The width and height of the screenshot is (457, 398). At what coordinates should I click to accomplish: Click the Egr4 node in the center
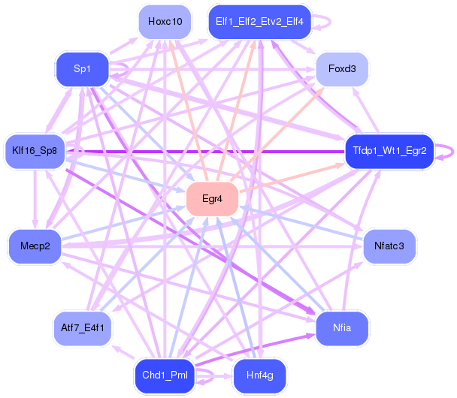click(212, 199)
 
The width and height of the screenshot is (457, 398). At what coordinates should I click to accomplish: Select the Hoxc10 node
click(165, 22)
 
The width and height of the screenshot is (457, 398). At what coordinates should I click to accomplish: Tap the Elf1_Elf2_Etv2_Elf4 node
click(259, 22)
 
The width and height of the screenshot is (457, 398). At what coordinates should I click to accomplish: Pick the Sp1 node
click(82, 69)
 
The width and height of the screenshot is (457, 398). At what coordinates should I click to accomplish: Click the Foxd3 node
click(342, 69)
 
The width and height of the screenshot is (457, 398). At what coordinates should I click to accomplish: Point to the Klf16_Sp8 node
click(35, 151)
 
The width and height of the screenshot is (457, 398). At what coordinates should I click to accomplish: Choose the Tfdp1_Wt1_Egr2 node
click(389, 151)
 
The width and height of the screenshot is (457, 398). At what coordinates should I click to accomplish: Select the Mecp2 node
click(35, 246)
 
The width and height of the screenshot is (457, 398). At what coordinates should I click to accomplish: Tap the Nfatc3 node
click(389, 246)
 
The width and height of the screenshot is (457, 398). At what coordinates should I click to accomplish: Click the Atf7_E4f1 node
click(83, 328)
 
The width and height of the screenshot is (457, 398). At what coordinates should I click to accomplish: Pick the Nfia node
click(342, 328)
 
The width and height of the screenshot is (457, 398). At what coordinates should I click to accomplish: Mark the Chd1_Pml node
click(165, 375)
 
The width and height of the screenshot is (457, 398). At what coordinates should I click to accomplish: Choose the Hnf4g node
click(259, 375)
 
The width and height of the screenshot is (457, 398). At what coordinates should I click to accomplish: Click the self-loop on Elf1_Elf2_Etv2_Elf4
click(330, 22)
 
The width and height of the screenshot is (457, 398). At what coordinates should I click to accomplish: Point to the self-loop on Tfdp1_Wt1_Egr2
click(453, 152)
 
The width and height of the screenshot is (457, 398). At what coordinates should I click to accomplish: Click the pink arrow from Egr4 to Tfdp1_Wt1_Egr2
click(292, 178)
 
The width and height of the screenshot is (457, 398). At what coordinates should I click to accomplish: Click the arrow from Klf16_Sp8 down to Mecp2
click(35, 199)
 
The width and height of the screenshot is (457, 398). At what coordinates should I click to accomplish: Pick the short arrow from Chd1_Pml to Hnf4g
click(214, 376)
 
